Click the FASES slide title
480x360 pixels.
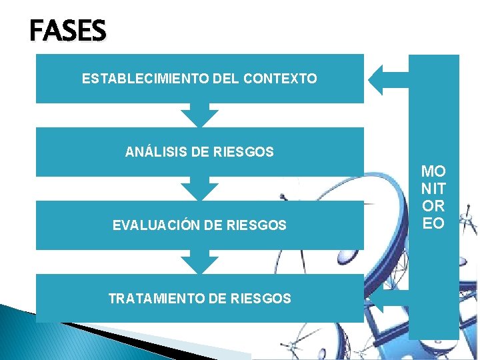[67, 31]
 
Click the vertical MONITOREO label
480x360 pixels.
[433, 197]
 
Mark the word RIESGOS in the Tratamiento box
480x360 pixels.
[261, 299]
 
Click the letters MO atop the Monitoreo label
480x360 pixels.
[433, 172]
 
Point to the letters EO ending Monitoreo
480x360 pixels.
[433, 223]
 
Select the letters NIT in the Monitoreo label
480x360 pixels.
[433, 189]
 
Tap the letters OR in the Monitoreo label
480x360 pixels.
[433, 206]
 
